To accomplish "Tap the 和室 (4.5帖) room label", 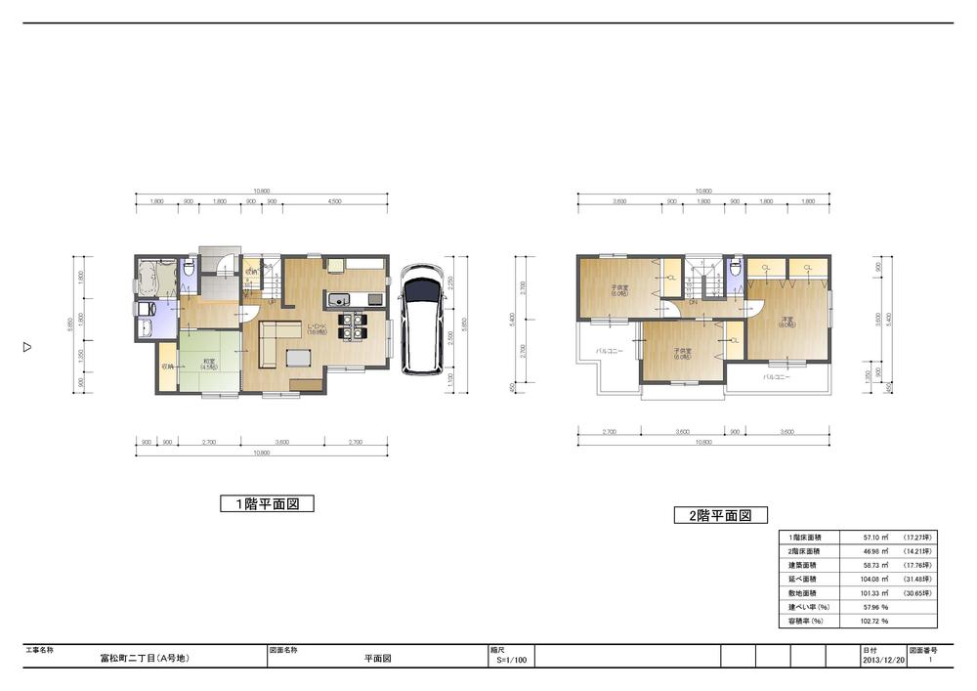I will (208, 364).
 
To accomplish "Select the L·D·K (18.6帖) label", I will (316, 328).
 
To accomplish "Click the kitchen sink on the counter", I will (337, 299).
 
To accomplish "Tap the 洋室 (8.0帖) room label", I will (786, 324).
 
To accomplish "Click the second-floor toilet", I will (734, 269).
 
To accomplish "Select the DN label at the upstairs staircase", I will (693, 302).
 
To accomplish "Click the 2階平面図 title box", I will (720, 515).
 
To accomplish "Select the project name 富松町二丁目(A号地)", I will (144, 659).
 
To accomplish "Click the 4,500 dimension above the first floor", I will (334, 202).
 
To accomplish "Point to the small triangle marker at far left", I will (27, 346).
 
